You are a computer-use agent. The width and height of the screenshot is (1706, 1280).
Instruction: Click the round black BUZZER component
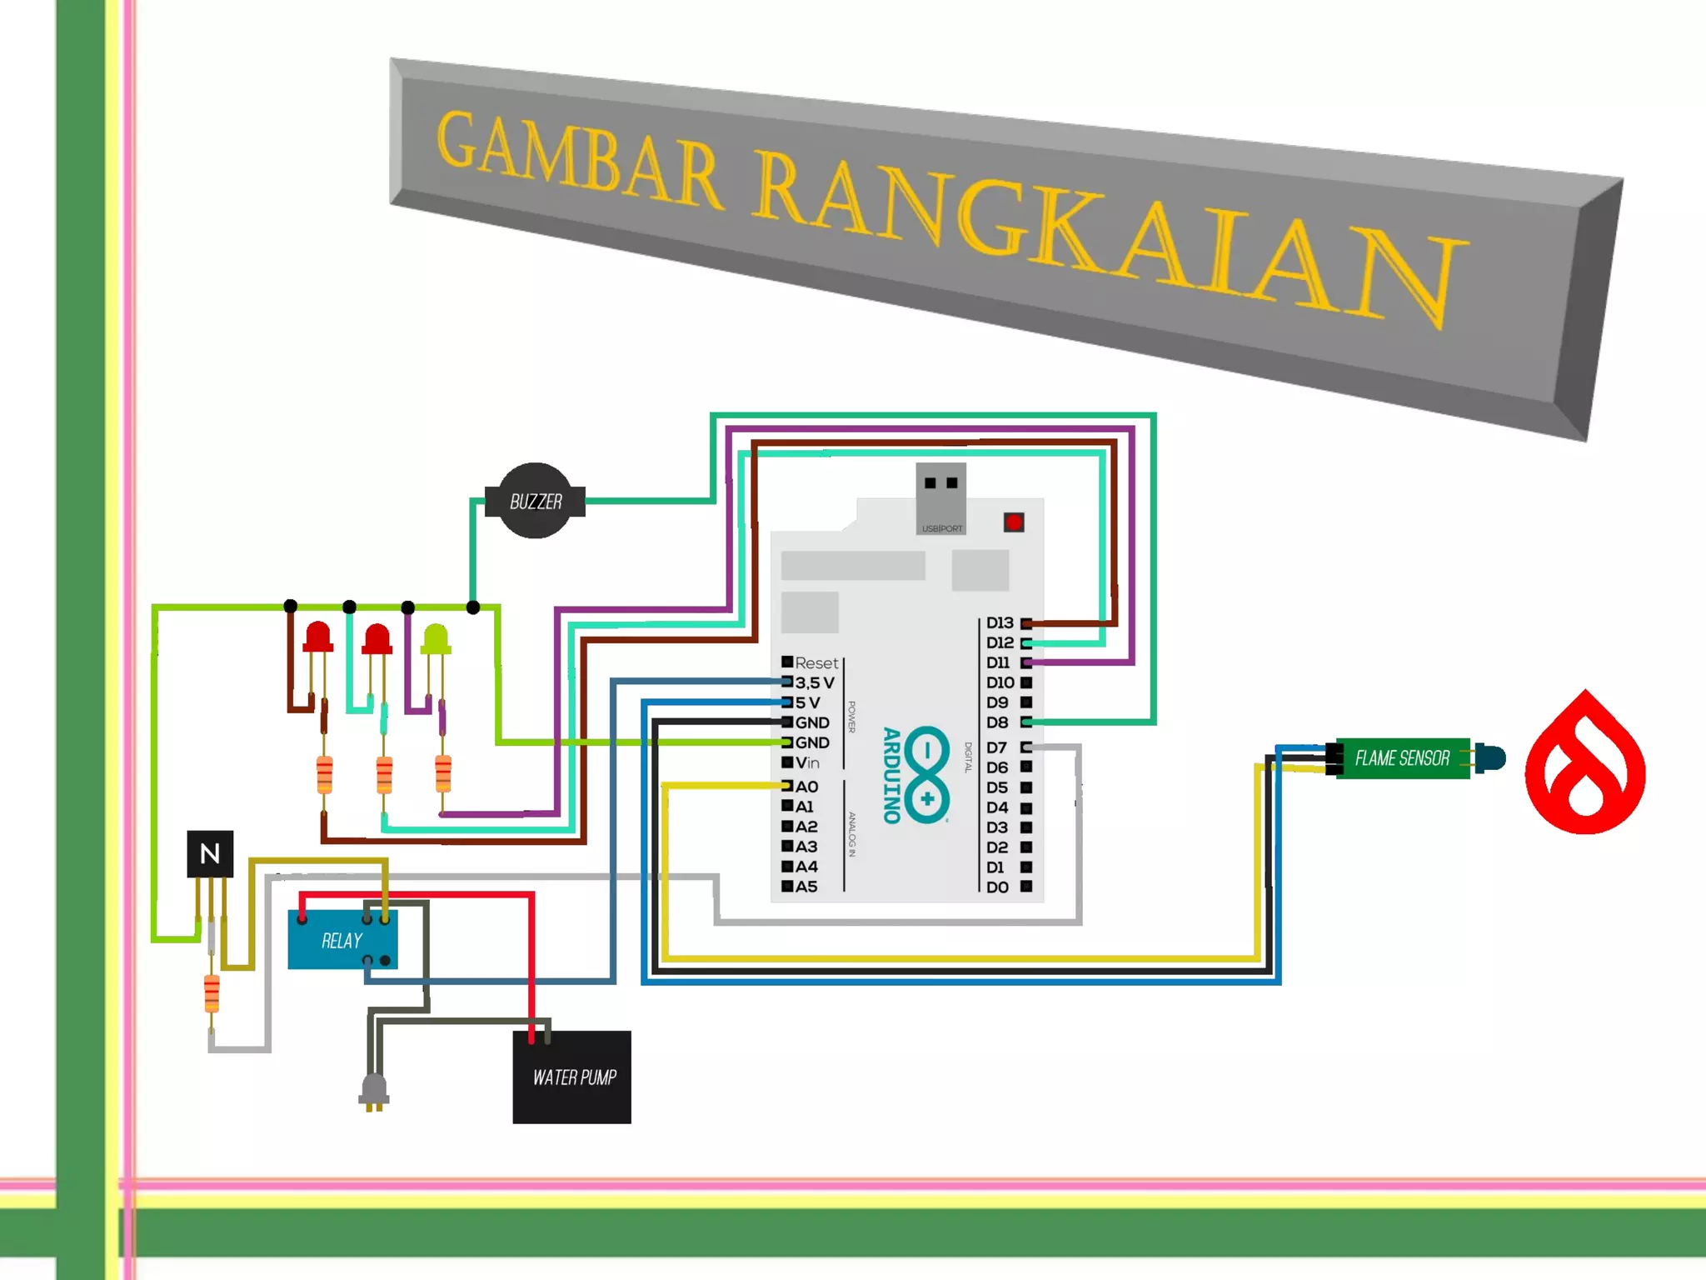[x=535, y=501]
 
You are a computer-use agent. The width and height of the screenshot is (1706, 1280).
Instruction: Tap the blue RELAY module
[x=342, y=940]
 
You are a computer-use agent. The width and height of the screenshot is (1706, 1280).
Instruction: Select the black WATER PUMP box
[x=572, y=1077]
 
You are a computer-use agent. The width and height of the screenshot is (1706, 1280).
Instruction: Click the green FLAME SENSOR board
[x=1402, y=758]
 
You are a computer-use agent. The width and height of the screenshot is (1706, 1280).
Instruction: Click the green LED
[x=436, y=639]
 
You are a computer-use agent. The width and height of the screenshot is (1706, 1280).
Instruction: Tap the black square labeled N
[x=210, y=853]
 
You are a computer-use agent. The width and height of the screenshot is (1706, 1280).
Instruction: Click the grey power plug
[x=374, y=1091]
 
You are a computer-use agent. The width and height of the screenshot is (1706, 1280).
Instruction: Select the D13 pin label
[x=1000, y=623]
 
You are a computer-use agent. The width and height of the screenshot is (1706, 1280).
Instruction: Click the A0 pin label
[x=806, y=787]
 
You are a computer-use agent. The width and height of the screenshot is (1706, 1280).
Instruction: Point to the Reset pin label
[x=816, y=663]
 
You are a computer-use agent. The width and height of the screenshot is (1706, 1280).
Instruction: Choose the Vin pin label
[x=807, y=762]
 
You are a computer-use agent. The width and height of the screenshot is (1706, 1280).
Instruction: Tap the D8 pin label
[x=997, y=722]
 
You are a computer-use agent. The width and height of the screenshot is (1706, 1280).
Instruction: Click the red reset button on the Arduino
[x=1014, y=522]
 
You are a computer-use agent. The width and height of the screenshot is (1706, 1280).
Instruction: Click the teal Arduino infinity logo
[x=926, y=775]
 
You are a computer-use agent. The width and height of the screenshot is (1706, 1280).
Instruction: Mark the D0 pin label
[x=997, y=887]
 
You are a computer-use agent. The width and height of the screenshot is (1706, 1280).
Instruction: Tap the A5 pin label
[x=806, y=887]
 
